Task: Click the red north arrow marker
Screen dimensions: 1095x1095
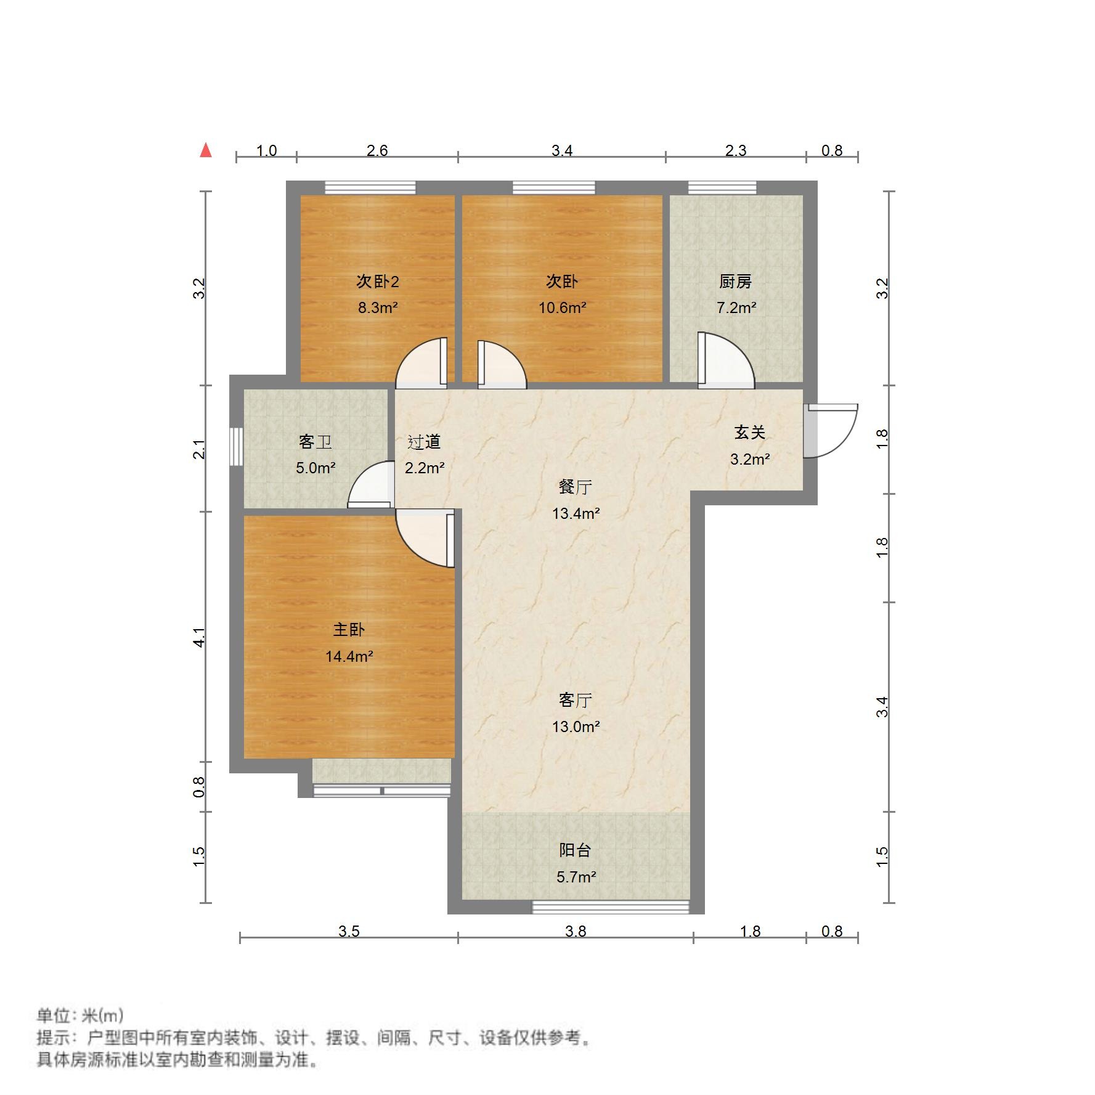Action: point(206,150)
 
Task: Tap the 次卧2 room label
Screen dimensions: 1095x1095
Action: point(378,282)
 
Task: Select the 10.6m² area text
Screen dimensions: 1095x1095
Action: point(562,307)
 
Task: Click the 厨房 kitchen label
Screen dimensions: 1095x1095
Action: point(735,282)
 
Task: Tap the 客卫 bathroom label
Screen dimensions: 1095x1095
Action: point(315,442)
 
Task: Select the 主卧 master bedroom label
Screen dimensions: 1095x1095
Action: point(349,630)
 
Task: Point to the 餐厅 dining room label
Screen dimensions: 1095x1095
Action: point(575,487)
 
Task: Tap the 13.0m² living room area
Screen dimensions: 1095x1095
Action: point(576,727)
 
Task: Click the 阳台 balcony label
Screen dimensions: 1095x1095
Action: point(575,850)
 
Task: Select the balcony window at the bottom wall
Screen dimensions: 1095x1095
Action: point(610,906)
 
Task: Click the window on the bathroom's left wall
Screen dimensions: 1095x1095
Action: point(236,446)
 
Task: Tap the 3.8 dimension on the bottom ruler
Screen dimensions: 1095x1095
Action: point(576,931)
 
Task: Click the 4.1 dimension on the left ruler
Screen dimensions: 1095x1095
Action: point(198,637)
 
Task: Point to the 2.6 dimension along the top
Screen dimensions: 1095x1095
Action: point(377,150)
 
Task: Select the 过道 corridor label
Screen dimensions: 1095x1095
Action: point(424,442)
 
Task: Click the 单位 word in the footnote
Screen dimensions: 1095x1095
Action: point(54,1016)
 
